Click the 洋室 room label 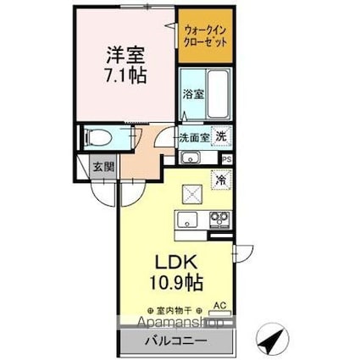pos(124,54)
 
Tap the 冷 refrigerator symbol pos(220,180)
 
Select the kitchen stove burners pos(219,221)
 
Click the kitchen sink pos(186,221)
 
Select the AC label pos(219,309)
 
